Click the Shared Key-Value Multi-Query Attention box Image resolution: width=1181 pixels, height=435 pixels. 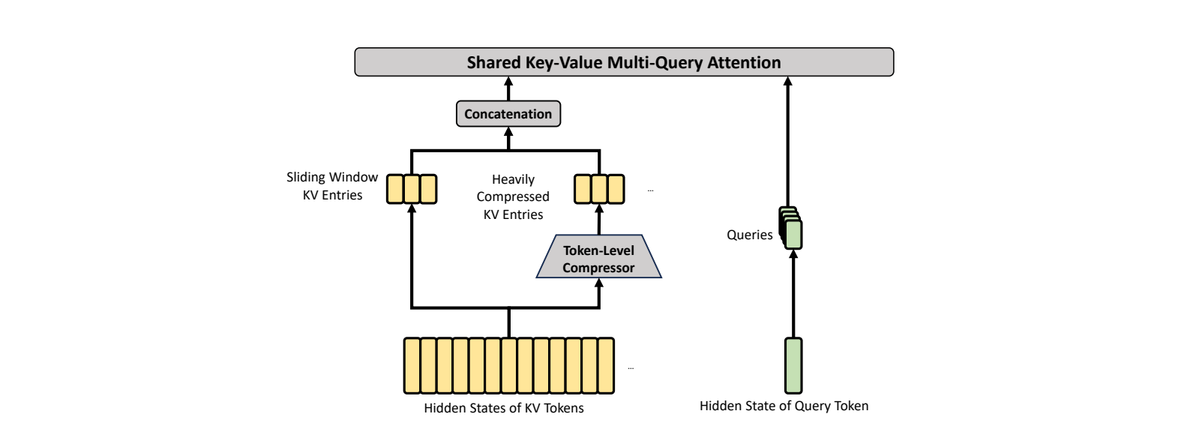624,62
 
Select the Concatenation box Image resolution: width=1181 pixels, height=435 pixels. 508,114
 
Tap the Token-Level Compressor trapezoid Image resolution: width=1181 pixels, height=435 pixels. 599,256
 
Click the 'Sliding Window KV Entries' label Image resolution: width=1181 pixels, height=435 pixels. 332,186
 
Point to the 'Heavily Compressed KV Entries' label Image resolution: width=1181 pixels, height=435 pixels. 513,196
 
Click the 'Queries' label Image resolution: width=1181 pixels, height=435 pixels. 749,235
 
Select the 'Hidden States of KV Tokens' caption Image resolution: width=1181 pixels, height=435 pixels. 503,408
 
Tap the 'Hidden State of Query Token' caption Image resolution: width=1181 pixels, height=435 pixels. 784,406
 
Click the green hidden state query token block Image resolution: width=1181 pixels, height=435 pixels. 793,366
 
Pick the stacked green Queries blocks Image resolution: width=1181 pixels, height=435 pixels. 791,228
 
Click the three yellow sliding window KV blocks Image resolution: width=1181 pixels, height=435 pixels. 412,189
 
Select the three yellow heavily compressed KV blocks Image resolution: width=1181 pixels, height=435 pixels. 599,189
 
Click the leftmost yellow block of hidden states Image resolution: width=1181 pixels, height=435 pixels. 412,366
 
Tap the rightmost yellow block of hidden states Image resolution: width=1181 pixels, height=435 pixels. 607,366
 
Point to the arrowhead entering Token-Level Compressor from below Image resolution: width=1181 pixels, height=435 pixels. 599,283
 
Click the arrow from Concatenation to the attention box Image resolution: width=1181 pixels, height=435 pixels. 508,88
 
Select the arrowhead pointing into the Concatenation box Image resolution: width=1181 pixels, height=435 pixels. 508,132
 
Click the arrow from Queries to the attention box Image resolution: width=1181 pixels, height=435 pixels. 787,142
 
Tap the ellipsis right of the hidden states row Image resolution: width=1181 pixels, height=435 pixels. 631,368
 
